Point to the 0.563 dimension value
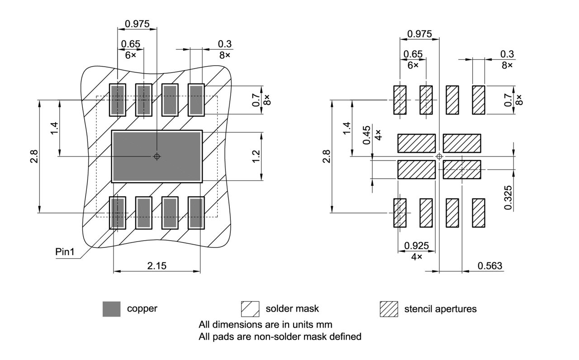tap(490, 265)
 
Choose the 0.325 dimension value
tap(508, 197)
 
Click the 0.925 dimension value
tap(416, 246)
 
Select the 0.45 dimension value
tap(367, 135)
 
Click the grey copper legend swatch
tap(111, 309)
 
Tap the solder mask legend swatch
tap(250, 309)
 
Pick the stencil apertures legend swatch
tap(389, 309)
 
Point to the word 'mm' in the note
tap(325, 325)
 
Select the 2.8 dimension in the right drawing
tap(326, 156)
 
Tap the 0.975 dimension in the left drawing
tap(138, 24)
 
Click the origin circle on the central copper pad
tap(157, 156)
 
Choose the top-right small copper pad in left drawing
tap(196, 99)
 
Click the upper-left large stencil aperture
tap(416, 143)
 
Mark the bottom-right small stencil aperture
tap(479, 213)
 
